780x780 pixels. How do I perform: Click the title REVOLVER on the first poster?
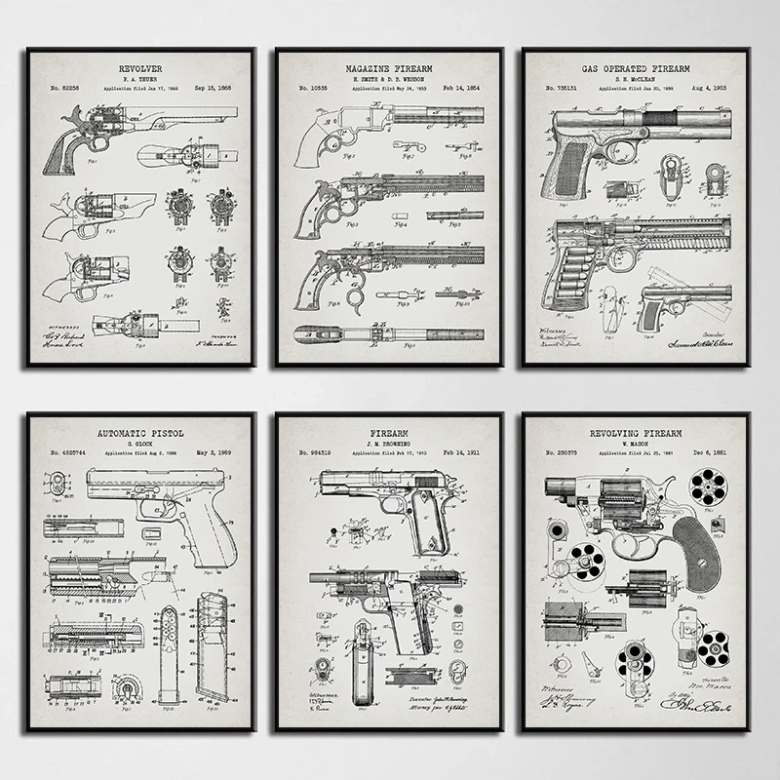tap(141, 68)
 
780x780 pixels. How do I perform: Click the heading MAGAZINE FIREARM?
tap(388, 69)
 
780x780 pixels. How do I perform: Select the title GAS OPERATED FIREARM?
tap(636, 69)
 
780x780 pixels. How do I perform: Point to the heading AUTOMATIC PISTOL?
tap(141, 432)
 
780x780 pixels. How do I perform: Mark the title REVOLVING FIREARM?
tap(636, 432)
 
